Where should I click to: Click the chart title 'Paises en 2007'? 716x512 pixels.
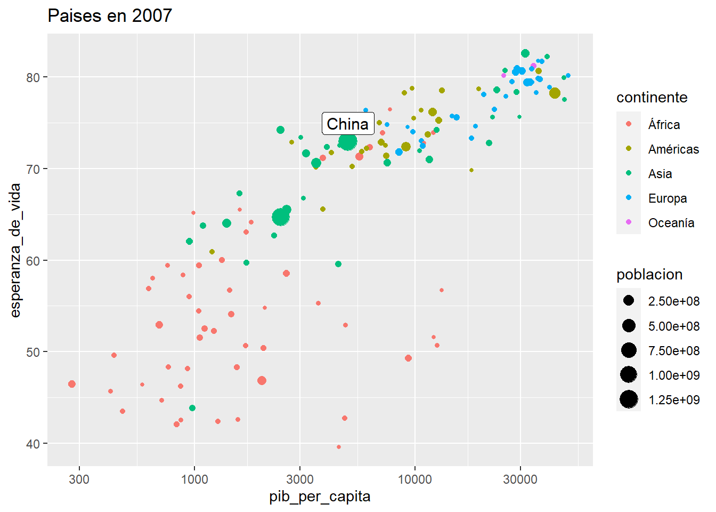(x=110, y=16)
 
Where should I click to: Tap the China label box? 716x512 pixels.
(x=348, y=124)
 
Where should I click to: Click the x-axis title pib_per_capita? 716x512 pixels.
(x=320, y=497)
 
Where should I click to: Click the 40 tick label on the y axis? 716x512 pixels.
(x=33, y=444)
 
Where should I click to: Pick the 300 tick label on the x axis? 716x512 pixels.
(x=79, y=479)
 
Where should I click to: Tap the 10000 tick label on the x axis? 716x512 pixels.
(x=415, y=479)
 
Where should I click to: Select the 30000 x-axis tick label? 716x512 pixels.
(x=520, y=479)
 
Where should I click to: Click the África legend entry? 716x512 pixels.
(x=664, y=125)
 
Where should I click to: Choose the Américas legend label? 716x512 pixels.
(x=673, y=149)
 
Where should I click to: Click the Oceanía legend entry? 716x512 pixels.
(x=671, y=223)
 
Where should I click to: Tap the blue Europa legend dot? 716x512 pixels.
(x=629, y=198)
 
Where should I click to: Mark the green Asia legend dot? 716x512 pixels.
(x=629, y=173)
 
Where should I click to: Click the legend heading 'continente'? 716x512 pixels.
(x=652, y=98)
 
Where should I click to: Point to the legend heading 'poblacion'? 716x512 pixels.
(x=649, y=275)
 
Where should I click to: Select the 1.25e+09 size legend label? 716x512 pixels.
(x=674, y=400)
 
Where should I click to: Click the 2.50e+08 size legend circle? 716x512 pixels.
(x=629, y=301)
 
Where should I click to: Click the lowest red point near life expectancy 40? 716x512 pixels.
(x=339, y=447)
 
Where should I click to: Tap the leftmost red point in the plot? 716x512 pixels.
(x=72, y=384)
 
